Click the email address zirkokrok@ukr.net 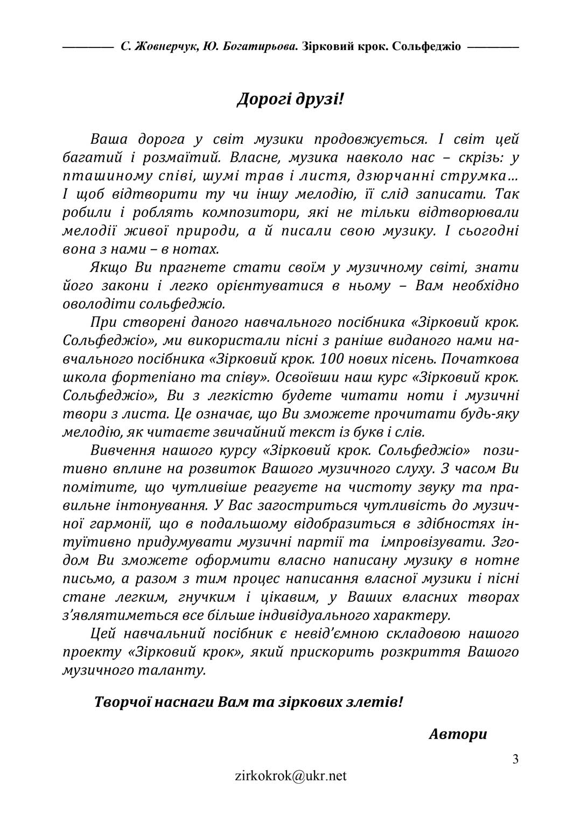pyautogui.click(x=290, y=776)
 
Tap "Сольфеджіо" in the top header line pyautogui.click(x=426, y=46)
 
